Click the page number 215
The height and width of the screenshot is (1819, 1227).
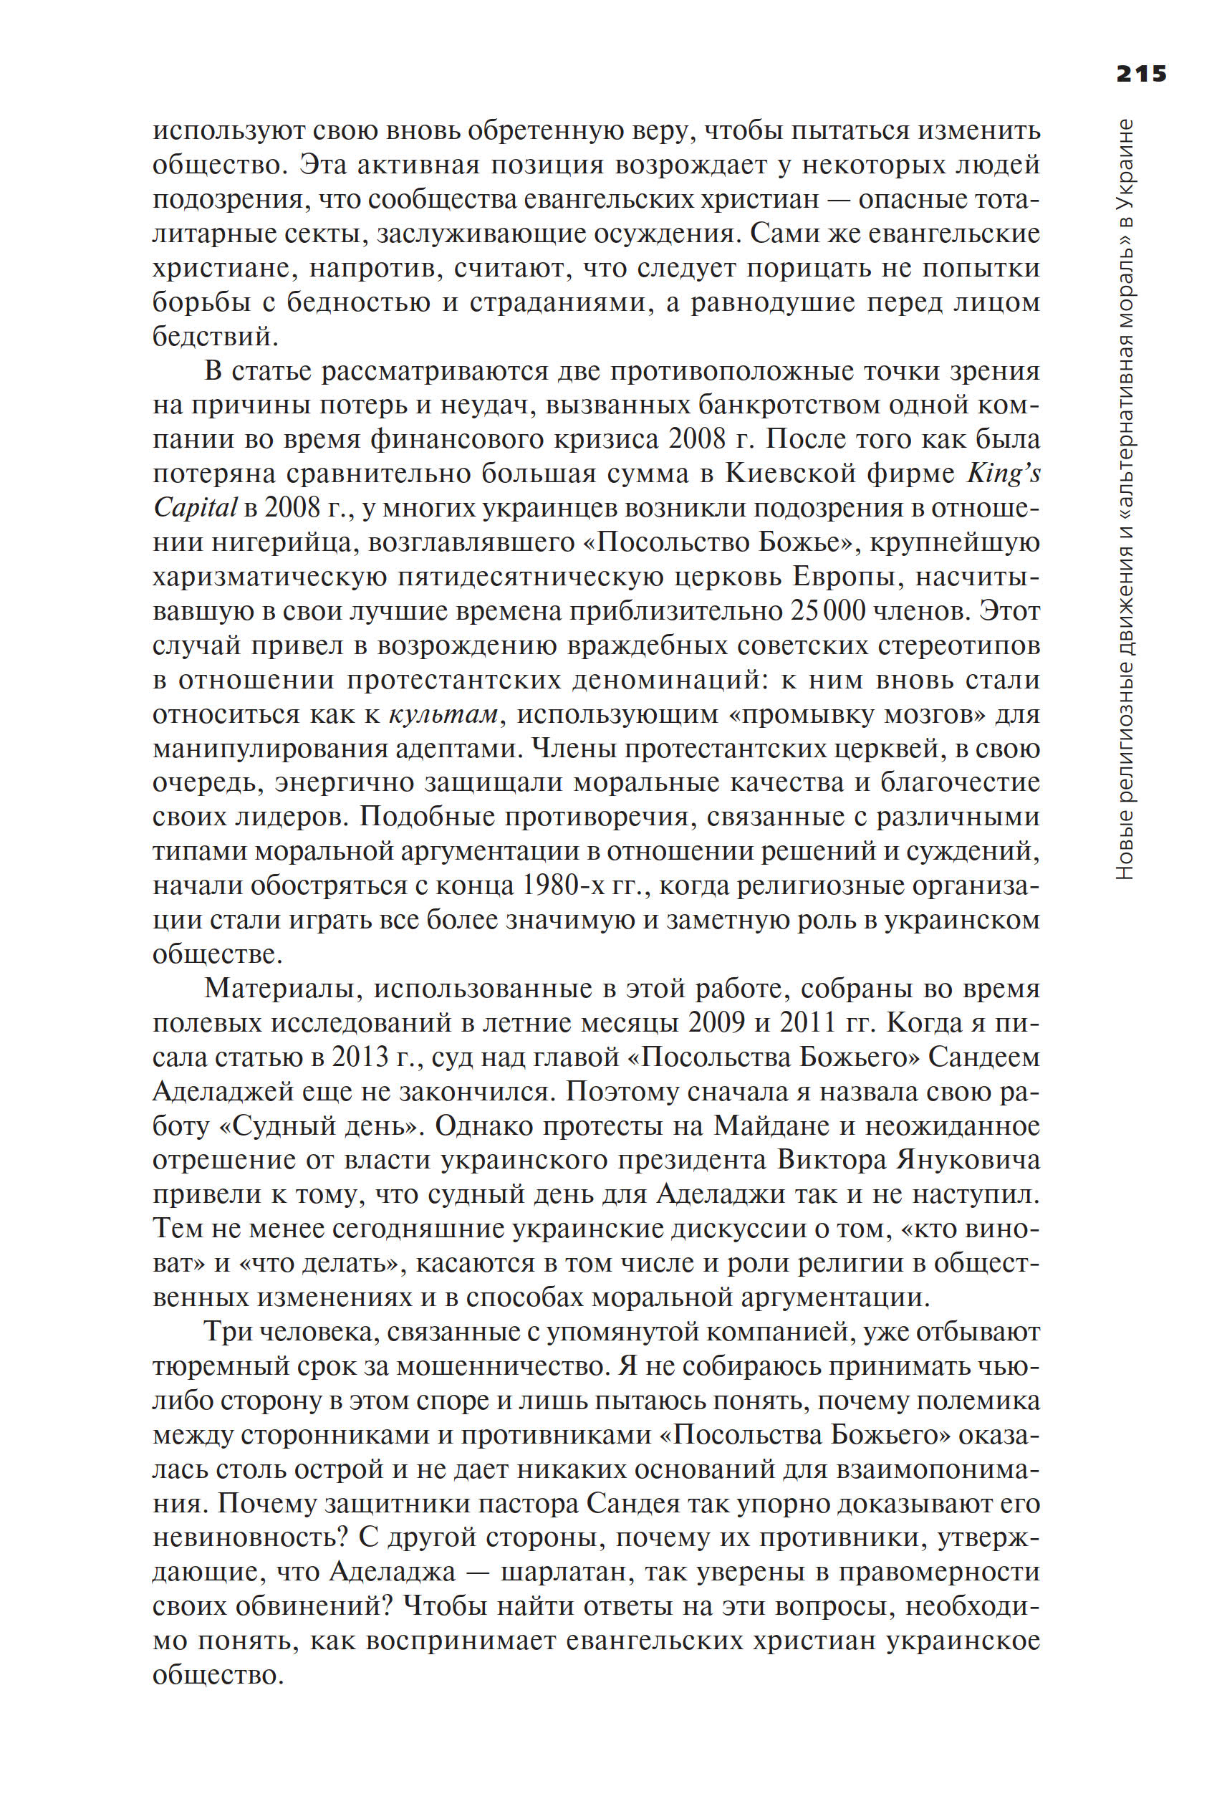[x=1141, y=74]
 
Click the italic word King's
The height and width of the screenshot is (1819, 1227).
[x=1004, y=474]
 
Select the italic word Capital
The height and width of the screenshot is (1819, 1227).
[x=194, y=508]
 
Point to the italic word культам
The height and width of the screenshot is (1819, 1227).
[x=443, y=714]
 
